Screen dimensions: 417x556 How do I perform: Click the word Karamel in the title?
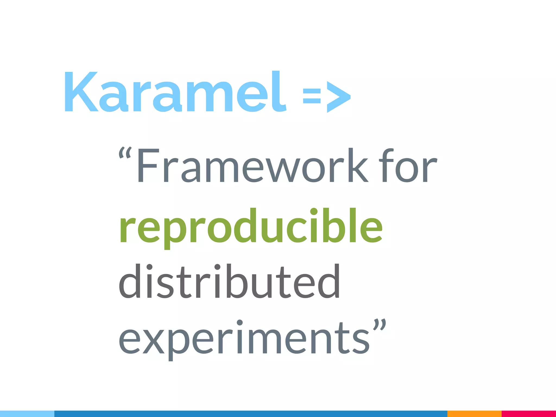[175, 92]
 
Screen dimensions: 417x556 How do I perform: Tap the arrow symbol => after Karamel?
[327, 96]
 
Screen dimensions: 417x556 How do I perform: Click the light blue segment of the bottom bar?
[27, 414]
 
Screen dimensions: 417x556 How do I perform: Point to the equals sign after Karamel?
[312, 96]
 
